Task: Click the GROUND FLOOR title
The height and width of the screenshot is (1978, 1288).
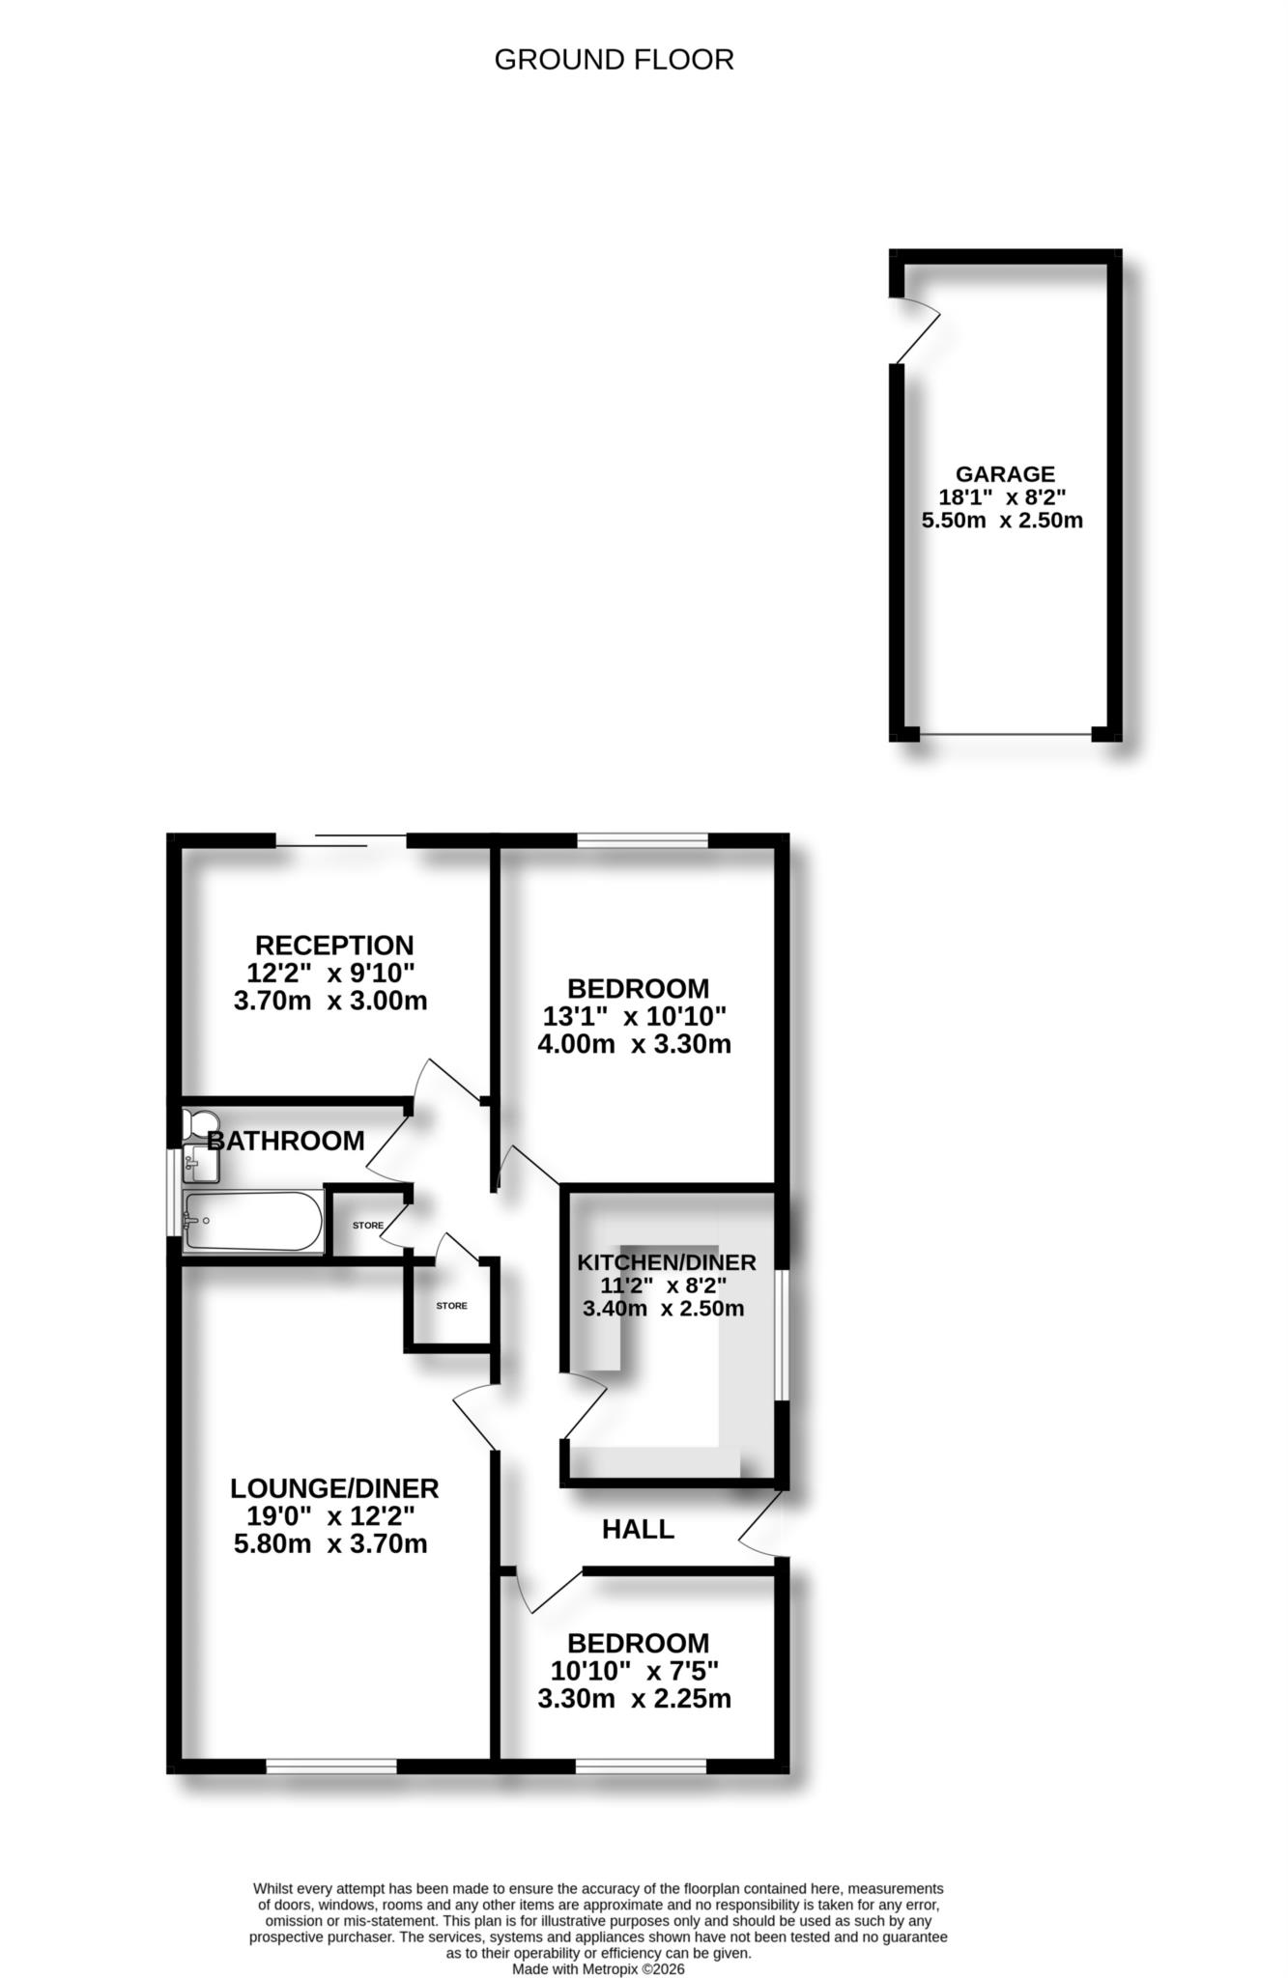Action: (x=614, y=60)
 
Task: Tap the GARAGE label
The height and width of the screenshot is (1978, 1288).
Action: (x=1005, y=474)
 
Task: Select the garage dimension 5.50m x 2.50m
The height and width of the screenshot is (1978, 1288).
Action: (x=1002, y=521)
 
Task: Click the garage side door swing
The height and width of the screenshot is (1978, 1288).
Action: (x=916, y=329)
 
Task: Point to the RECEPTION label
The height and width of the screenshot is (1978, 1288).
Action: (x=334, y=945)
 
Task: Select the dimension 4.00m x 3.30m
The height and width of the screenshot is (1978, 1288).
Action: (x=634, y=1043)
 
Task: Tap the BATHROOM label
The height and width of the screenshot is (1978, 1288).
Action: (x=286, y=1141)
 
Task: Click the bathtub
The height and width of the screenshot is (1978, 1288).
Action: (x=253, y=1221)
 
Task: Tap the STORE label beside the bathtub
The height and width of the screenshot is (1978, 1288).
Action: (x=367, y=1226)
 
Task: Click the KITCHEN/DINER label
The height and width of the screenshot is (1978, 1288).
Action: (x=667, y=1262)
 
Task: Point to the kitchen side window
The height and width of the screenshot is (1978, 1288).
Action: (x=782, y=1334)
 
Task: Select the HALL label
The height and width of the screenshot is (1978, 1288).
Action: (x=638, y=1529)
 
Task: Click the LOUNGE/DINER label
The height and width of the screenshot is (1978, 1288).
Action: (x=334, y=1488)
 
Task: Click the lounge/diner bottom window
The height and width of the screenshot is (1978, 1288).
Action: (x=331, y=1766)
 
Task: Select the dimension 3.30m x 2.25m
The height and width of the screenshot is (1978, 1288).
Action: (x=634, y=1698)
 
